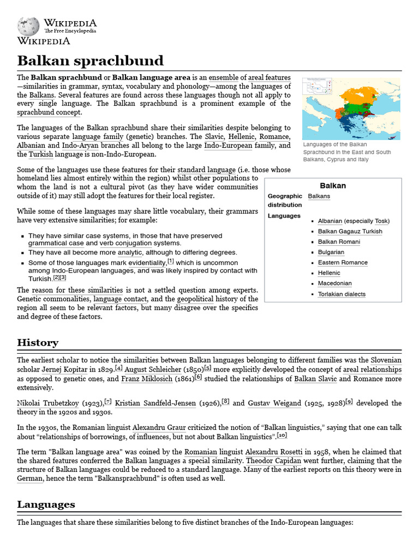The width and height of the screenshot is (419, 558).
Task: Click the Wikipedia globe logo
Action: click(x=28, y=27)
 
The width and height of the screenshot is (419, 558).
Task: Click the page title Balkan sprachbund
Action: click(x=90, y=60)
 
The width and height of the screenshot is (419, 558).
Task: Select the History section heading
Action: click(x=38, y=343)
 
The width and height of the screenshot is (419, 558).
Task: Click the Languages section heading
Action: click(x=46, y=505)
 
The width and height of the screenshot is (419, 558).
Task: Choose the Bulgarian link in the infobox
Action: click(x=331, y=252)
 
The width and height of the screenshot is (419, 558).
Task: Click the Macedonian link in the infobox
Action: click(x=334, y=283)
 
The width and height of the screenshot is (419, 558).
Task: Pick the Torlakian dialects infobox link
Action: click(x=342, y=294)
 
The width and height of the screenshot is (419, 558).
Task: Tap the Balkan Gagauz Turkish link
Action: click(x=350, y=232)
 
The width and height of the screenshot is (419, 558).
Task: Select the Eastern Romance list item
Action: click(x=343, y=263)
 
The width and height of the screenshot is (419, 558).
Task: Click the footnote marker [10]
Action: click(x=282, y=436)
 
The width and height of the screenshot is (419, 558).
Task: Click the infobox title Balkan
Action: click(x=332, y=186)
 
